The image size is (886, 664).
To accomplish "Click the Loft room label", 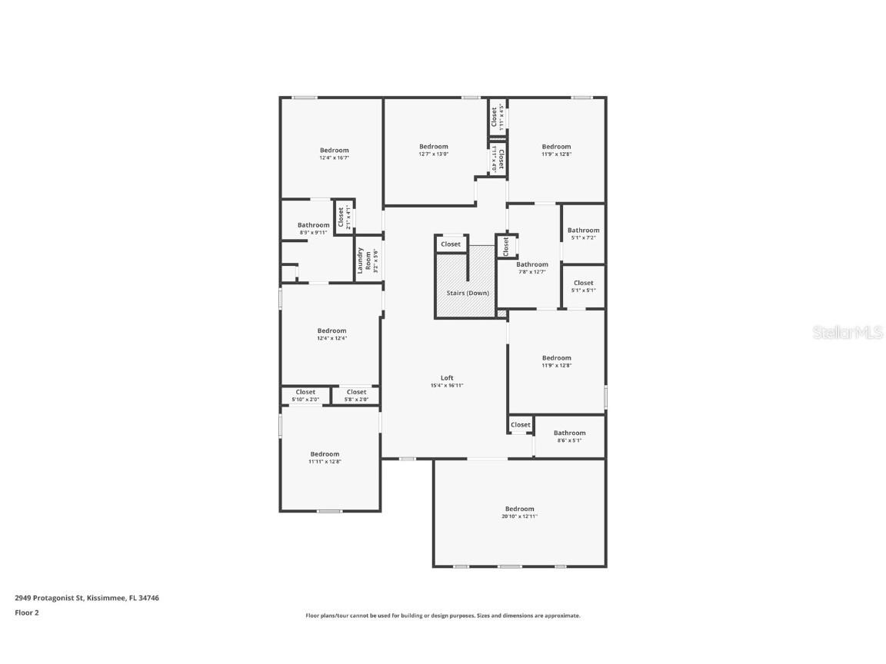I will coord(447,377).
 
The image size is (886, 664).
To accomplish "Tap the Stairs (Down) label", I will coord(468,293).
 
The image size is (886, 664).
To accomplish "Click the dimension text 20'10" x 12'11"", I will coord(519,516).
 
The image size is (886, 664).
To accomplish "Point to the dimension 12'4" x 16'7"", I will coord(334,158).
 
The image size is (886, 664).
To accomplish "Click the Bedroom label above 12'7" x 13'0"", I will coord(433,146).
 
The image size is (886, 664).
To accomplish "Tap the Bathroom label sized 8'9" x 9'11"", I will coord(313,224).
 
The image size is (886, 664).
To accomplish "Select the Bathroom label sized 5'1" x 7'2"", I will coord(583,230).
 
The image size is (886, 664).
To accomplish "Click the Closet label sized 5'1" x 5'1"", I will coord(583,283).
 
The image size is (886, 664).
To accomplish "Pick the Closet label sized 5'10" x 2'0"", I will coord(305,392).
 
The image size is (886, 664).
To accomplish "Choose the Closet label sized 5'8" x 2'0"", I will coord(356,392).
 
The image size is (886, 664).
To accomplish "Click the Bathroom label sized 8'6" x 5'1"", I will coord(569,433).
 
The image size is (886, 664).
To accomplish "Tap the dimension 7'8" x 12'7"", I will coord(532,271).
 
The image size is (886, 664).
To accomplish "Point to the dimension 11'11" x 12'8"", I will coord(325,461).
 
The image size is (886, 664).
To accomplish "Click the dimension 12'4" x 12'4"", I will coord(331,338).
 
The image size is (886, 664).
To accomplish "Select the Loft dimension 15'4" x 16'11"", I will coord(447,385).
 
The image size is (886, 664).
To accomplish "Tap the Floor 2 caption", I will coord(26,613).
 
